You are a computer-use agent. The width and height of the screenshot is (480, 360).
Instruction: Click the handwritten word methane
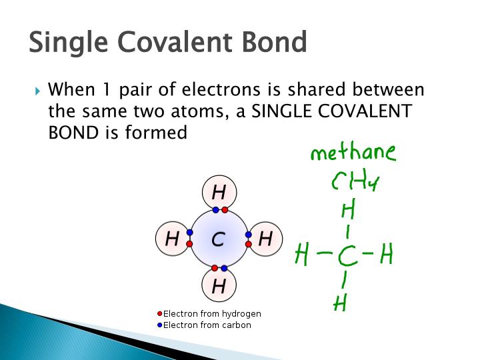[353, 154]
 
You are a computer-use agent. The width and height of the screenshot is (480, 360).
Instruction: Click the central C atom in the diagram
[219, 239]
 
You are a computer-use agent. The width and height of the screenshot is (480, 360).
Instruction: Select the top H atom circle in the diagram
[219, 193]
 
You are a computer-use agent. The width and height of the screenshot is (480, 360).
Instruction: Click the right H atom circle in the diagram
[265, 239]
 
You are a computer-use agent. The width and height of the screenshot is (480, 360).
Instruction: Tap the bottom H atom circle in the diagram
[219, 286]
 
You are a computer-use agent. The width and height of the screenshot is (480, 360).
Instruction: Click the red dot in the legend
[159, 314]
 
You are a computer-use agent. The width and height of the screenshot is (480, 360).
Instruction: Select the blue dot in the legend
[159, 325]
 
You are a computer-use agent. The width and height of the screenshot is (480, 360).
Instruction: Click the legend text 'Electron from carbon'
[207, 325]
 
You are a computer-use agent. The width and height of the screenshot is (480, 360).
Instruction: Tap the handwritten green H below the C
[340, 303]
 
